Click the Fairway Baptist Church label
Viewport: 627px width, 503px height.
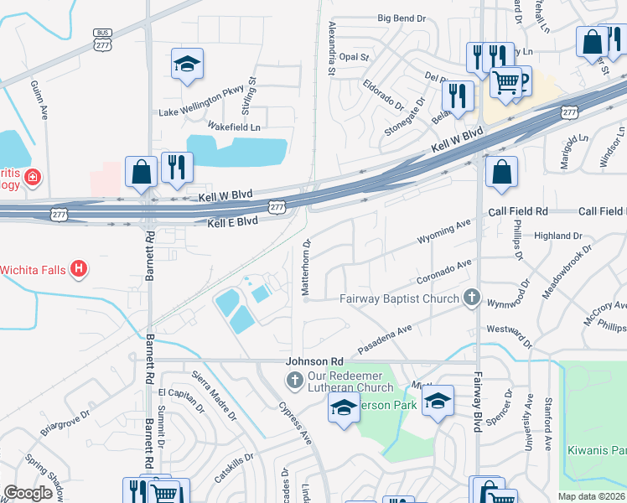click(x=399, y=298)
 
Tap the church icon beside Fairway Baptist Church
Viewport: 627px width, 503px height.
click(x=472, y=298)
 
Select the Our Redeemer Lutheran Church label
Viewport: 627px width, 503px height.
click(x=350, y=381)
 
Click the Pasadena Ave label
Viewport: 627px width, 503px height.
click(x=386, y=337)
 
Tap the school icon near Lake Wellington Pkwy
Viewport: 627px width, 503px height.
click(x=187, y=64)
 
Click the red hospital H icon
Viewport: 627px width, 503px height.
click(x=78, y=269)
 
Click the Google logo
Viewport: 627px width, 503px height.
click(x=28, y=494)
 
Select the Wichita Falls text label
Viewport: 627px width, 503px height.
click(x=32, y=269)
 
